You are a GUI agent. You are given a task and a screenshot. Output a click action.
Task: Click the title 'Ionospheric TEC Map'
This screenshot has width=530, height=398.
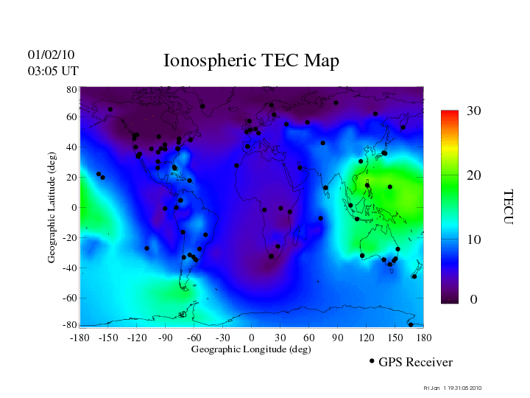tap(251, 60)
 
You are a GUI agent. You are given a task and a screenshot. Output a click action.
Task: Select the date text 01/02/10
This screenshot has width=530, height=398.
tap(51, 55)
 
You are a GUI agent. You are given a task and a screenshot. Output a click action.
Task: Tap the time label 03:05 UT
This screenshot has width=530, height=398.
tap(53, 71)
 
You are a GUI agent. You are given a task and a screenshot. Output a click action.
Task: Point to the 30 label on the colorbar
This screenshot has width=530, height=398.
tap(473, 111)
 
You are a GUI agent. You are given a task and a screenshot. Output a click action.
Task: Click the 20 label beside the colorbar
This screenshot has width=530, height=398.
tap(473, 177)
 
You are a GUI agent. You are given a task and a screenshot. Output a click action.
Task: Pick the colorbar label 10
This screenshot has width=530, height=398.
tap(473, 240)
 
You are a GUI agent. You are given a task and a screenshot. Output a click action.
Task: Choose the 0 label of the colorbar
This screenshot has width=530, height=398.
tap(473, 300)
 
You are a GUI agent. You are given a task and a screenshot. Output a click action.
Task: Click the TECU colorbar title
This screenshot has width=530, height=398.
tap(508, 207)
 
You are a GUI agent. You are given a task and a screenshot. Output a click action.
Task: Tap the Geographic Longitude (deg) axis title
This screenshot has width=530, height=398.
tap(251, 349)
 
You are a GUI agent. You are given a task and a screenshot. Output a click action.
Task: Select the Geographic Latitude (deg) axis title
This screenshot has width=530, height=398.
tap(52, 212)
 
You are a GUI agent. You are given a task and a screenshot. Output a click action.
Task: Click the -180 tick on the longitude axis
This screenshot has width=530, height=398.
tap(79, 338)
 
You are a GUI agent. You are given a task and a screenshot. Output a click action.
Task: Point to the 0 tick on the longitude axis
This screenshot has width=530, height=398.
tap(252, 338)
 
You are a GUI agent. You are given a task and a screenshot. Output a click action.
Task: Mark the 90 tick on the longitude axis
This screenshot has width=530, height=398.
tap(338, 338)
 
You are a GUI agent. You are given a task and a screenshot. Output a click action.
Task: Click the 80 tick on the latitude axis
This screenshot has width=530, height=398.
tap(72, 89)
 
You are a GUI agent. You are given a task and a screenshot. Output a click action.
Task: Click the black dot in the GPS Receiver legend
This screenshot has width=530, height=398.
tap(372, 361)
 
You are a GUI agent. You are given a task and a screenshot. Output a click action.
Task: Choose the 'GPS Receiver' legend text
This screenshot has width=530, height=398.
tap(415, 363)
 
